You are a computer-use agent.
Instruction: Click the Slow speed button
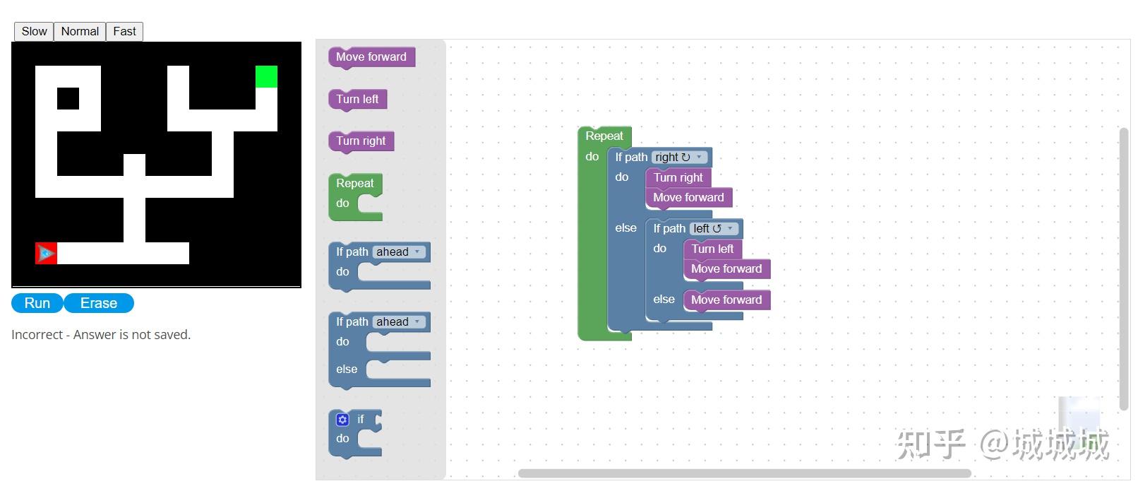click(34, 32)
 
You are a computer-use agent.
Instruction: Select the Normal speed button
click(80, 32)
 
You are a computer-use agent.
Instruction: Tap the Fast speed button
click(124, 32)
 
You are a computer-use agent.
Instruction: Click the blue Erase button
click(99, 303)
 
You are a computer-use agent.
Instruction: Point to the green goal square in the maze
click(266, 76)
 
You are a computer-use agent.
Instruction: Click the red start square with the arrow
click(46, 253)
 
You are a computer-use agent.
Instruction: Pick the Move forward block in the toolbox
click(371, 57)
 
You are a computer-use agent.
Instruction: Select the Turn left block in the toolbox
click(358, 99)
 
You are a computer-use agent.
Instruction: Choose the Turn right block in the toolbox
click(361, 141)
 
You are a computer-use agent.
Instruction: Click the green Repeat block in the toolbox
click(355, 196)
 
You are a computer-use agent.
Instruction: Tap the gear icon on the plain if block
click(342, 420)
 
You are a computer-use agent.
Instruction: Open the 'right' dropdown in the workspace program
click(679, 157)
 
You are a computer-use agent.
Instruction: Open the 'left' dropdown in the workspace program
click(714, 229)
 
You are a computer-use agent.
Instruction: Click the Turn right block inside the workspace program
click(678, 177)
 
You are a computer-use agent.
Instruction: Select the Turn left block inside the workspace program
click(712, 249)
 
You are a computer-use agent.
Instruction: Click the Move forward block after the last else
click(726, 300)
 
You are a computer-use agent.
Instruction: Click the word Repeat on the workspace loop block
click(604, 136)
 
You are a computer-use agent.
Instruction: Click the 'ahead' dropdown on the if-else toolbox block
click(399, 321)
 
